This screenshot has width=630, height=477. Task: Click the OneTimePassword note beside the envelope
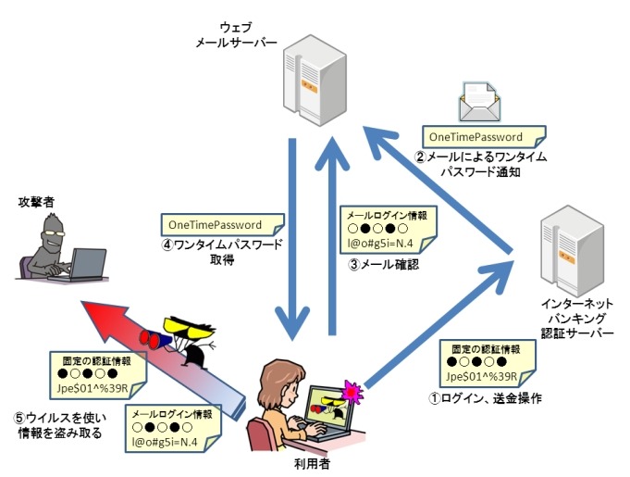point(477,136)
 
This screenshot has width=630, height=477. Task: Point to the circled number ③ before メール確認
point(352,261)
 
